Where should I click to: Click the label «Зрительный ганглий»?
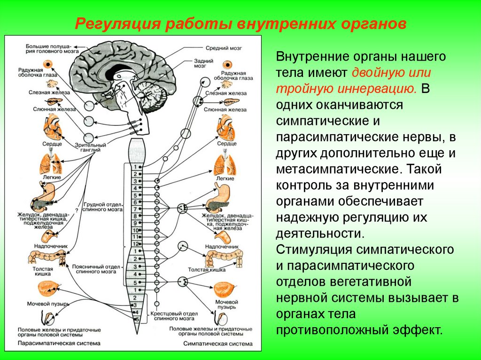click(x=91, y=148)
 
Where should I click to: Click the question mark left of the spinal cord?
click(x=76, y=211)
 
